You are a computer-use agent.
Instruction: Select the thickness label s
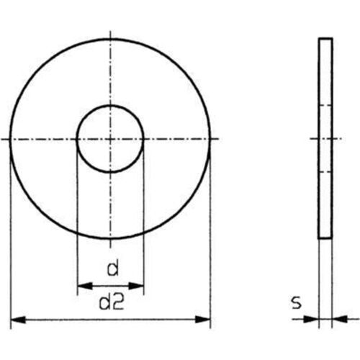coord(297,303)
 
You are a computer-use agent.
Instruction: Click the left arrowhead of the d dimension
coord(81,286)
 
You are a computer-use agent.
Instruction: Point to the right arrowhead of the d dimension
coord(139,286)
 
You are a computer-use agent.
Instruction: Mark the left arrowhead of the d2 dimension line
coord(17,318)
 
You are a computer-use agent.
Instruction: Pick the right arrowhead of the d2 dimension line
coord(205,318)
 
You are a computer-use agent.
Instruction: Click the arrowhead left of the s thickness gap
coord(314,318)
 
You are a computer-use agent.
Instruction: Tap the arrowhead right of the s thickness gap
coord(337,318)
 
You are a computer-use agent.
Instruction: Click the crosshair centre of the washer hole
coord(110,138)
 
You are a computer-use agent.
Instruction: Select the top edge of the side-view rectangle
coord(325,40)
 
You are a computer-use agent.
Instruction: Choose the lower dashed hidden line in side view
coord(325,171)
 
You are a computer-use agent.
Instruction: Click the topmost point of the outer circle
coord(110,39)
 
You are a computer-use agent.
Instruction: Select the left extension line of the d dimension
coord(77,216)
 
